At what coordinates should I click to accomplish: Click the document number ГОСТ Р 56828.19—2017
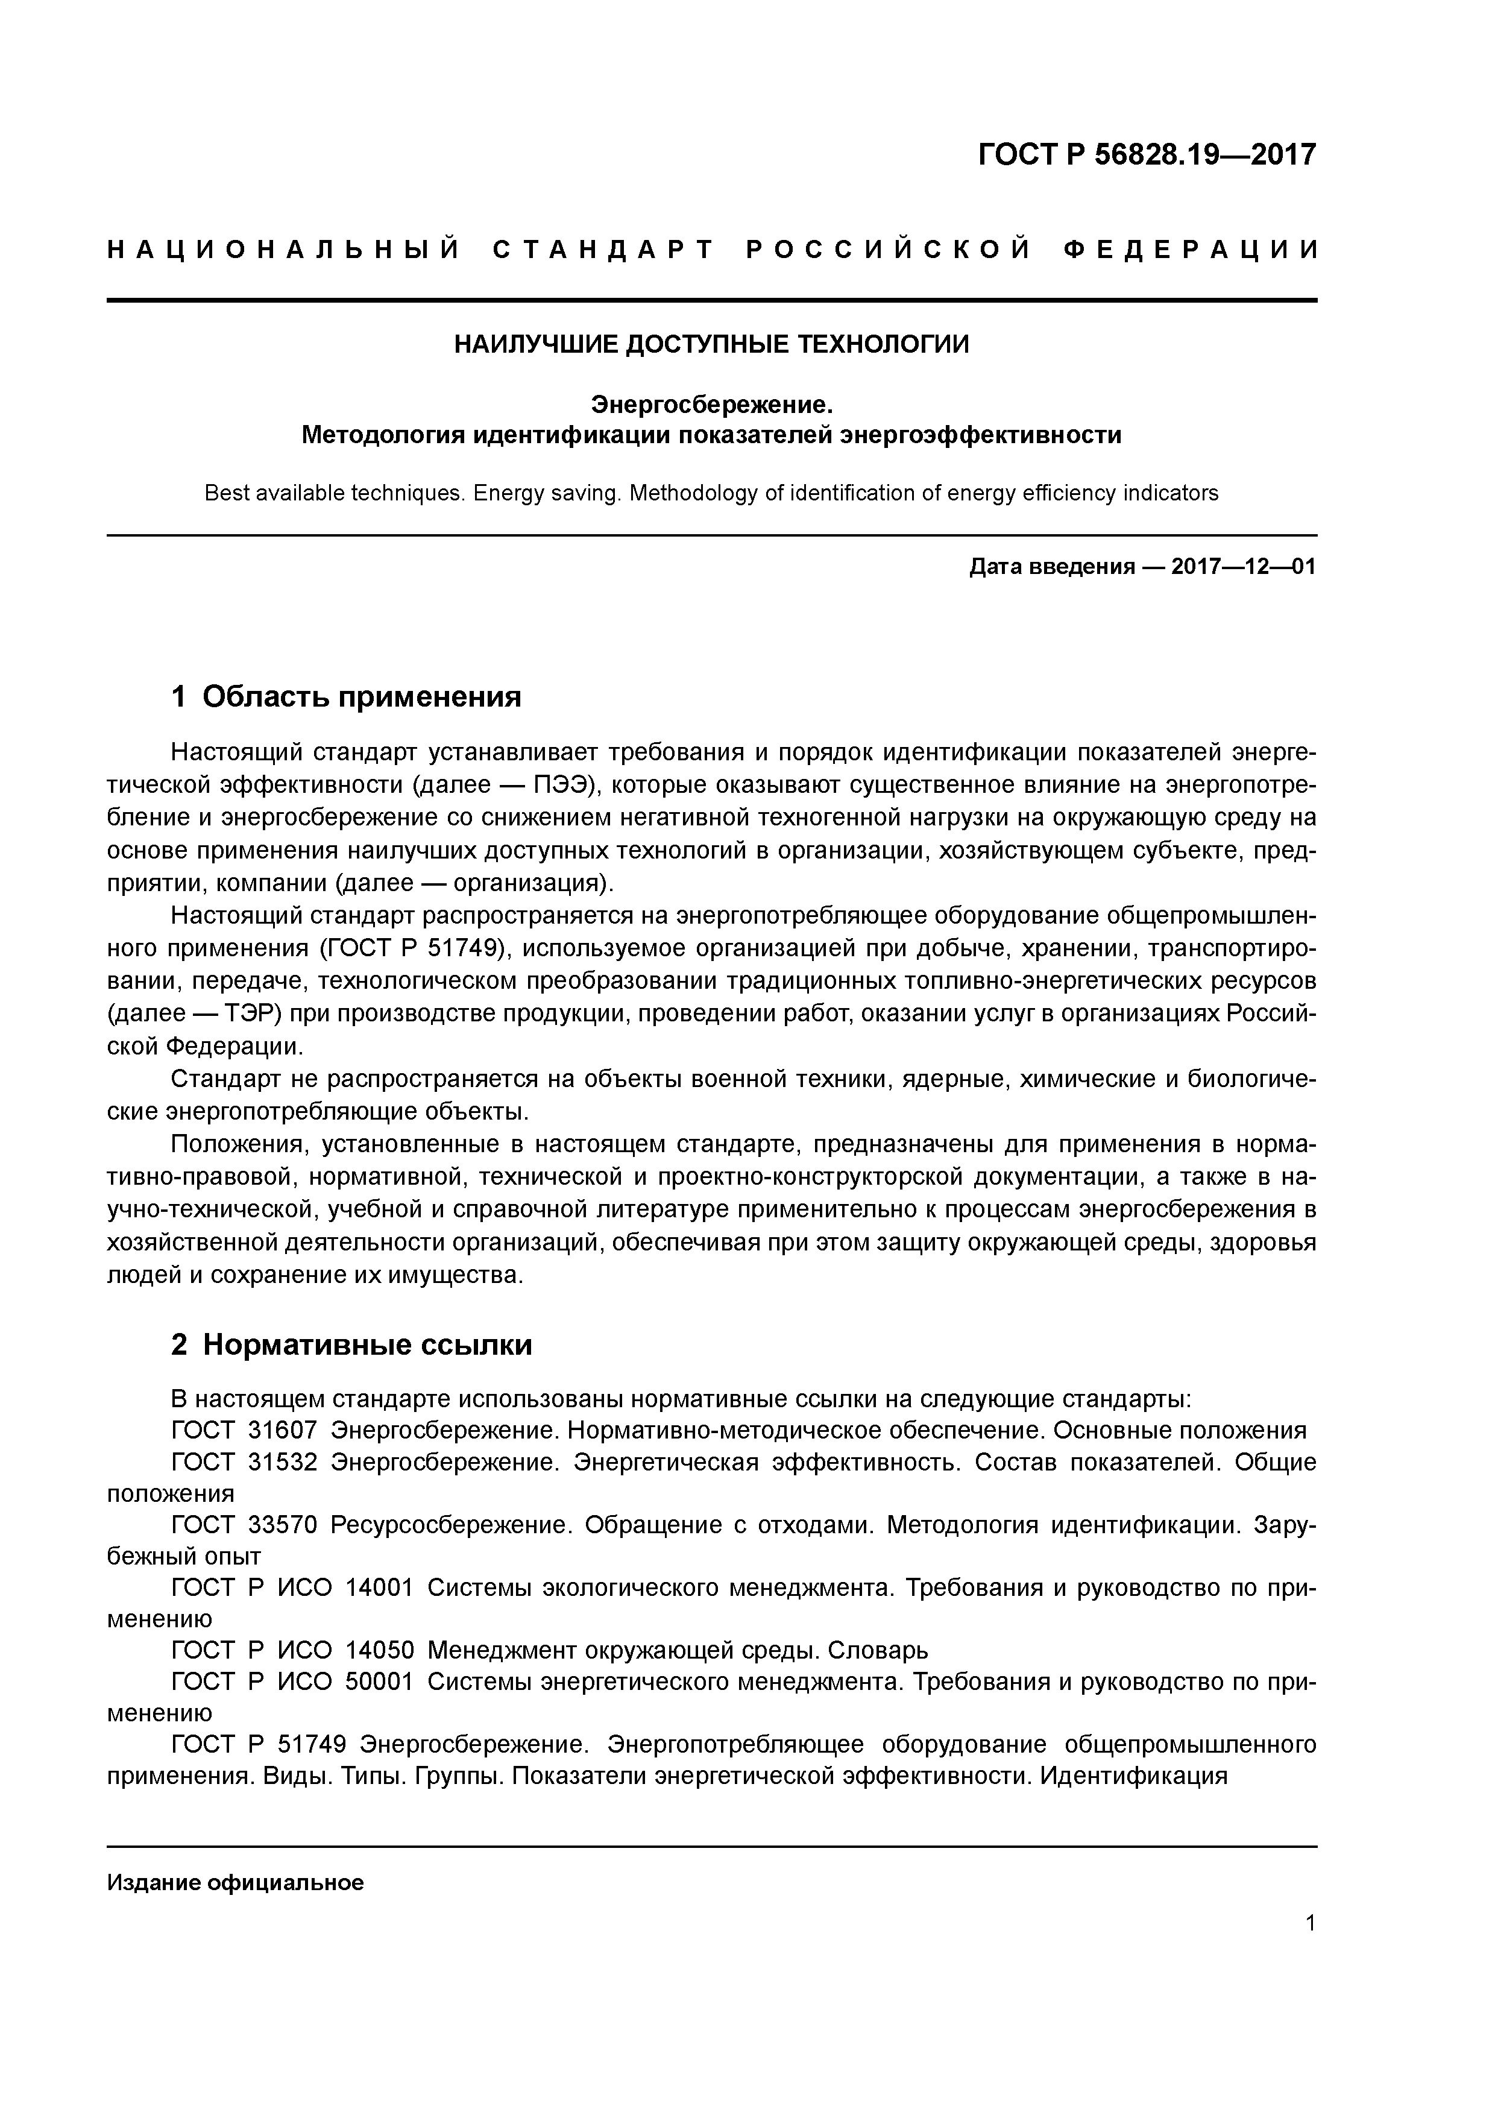(x=1146, y=154)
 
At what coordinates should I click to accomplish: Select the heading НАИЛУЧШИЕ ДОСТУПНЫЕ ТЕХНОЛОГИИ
(x=711, y=344)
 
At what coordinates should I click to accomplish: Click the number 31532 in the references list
(x=283, y=1462)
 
